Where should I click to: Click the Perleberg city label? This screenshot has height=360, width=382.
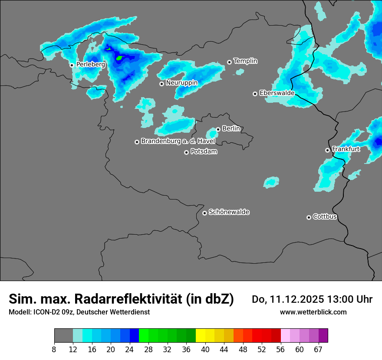(91, 65)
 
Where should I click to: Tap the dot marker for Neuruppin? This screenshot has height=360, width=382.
(161, 84)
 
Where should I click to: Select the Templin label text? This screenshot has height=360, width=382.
(246, 61)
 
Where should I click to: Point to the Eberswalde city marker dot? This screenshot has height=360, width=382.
(255, 94)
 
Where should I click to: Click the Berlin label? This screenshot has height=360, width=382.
(231, 129)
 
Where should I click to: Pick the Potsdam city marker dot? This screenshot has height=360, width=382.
(186, 152)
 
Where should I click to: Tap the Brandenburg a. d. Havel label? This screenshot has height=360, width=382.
(178, 141)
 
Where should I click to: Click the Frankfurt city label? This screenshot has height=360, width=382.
(346, 149)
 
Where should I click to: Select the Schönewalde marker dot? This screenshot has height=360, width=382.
(204, 213)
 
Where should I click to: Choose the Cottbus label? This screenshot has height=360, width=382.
(325, 217)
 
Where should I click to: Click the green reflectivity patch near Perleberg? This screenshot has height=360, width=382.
(120, 57)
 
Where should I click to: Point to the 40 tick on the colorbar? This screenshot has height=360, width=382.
(205, 349)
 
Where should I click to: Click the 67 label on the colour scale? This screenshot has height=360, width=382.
(318, 349)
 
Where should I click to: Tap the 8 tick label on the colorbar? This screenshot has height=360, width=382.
(54, 349)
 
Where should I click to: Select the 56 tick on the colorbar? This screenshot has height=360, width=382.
(281, 349)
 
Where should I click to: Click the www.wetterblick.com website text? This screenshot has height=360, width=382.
(313, 312)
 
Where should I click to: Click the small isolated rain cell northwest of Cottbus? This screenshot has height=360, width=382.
(271, 182)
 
